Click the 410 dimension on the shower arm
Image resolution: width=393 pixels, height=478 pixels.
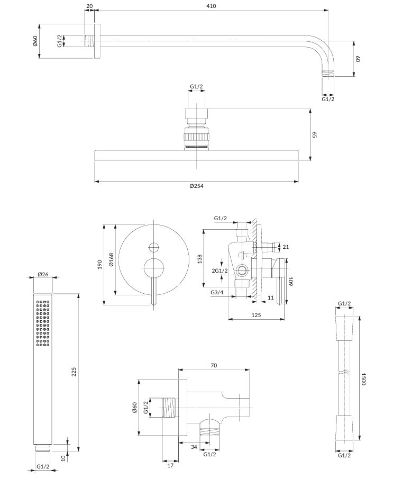[x=211, y=6]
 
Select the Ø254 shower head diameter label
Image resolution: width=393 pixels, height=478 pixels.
[x=196, y=186]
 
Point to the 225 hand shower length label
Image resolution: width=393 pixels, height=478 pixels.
[x=74, y=372]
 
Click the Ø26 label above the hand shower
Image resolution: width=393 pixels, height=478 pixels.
[x=43, y=274]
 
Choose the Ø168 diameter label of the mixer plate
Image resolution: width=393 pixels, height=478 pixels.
[x=111, y=260]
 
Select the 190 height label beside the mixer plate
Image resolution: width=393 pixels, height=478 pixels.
[x=99, y=264]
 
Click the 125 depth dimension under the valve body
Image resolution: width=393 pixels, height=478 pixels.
[x=256, y=315]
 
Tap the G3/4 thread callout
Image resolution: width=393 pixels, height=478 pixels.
[x=217, y=292]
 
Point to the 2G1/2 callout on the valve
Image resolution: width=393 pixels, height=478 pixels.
[x=220, y=270]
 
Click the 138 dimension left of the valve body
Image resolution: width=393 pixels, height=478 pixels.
[x=200, y=259]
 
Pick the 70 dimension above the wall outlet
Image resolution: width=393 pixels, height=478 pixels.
[x=214, y=365]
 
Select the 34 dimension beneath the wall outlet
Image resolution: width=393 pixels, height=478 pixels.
[x=194, y=447]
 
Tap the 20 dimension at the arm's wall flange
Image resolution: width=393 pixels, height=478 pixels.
[x=89, y=6]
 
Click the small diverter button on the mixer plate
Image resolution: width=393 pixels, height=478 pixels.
[x=154, y=247]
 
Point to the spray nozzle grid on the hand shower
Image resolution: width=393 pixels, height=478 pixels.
[x=43, y=323]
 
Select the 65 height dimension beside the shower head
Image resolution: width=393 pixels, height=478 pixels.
[x=315, y=134]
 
